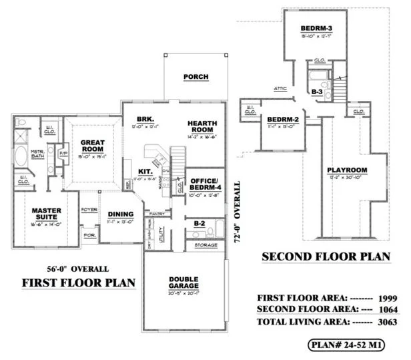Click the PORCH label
(x=196, y=77)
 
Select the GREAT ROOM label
(x=91, y=145)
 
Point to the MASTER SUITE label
(x=47, y=214)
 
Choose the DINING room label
(x=121, y=214)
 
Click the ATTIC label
(x=280, y=88)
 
